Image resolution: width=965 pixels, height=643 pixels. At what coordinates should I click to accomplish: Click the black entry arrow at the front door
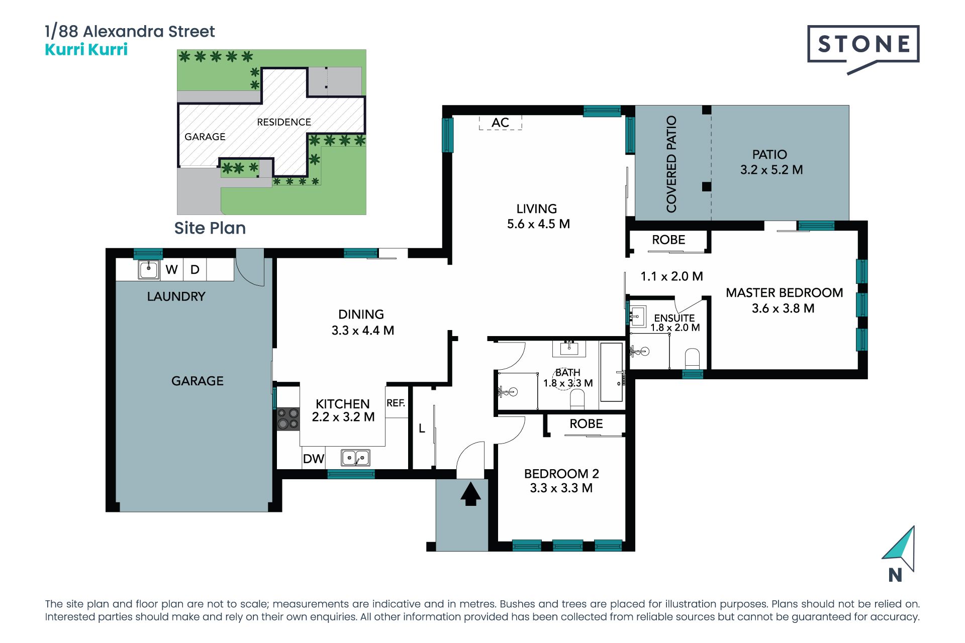[x=470, y=494]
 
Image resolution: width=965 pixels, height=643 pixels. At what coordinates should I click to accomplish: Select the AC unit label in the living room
[x=500, y=123]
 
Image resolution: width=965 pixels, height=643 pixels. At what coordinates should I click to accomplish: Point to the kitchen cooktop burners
[x=288, y=418]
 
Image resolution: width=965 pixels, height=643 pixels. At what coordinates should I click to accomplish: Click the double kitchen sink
[x=355, y=458]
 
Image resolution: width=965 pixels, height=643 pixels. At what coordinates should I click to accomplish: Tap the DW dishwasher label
[x=314, y=459]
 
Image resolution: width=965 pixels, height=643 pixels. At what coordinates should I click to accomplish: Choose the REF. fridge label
[x=396, y=403]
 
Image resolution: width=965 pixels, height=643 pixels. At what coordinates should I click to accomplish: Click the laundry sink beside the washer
[x=149, y=269]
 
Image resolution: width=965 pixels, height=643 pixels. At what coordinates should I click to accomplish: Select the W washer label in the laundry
[x=171, y=270]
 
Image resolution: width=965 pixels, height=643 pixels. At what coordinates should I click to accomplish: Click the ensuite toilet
[x=692, y=359]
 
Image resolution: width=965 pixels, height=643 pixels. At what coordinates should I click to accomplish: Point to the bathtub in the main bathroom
[x=611, y=372]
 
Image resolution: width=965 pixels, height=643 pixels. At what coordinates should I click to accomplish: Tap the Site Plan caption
[x=210, y=228]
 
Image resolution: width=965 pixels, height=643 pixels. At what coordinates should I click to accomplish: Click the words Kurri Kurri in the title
[x=86, y=50]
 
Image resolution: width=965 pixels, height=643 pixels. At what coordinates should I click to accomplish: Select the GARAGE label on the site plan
[x=205, y=137]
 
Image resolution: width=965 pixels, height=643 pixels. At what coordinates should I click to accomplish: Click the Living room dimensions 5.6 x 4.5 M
[x=538, y=224]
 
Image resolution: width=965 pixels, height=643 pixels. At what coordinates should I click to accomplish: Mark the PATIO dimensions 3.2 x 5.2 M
[x=771, y=170]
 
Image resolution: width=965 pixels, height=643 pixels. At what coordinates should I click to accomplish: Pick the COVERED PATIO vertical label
[x=671, y=164]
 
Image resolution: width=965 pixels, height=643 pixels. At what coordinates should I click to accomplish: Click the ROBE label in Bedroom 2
[x=586, y=424]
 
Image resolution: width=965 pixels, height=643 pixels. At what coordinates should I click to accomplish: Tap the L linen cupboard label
[x=422, y=428]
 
